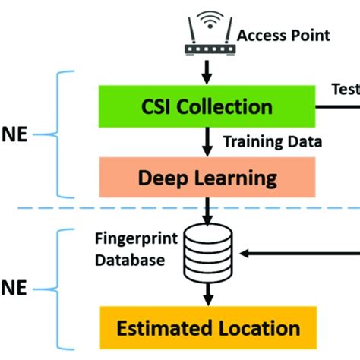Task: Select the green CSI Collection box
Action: pyautogui.click(x=207, y=107)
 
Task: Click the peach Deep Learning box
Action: pyautogui.click(x=207, y=177)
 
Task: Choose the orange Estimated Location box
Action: pyautogui.click(x=207, y=328)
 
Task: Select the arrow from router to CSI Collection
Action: pyautogui.click(x=207, y=74)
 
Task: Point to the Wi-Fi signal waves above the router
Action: pyautogui.click(x=207, y=17)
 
